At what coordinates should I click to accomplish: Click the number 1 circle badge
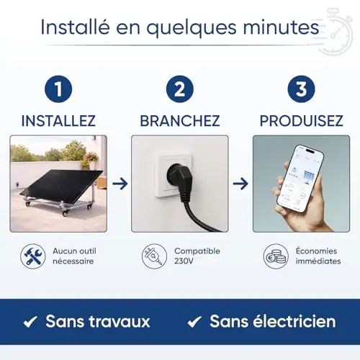tap(58, 89)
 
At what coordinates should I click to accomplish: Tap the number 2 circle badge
tap(180, 89)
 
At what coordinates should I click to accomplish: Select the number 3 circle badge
tap(301, 89)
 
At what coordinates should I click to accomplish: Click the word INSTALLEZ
tap(58, 121)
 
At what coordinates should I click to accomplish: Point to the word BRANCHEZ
tap(180, 121)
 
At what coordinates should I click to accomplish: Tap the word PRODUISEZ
tap(301, 121)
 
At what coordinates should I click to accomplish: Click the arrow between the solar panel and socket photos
tap(120, 184)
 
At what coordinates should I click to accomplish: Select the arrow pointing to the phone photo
tap(240, 184)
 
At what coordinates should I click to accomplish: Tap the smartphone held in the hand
tap(300, 179)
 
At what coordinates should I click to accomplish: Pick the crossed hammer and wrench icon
tap(33, 256)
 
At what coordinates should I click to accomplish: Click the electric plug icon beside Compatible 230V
tap(154, 256)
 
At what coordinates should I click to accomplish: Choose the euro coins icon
tap(276, 256)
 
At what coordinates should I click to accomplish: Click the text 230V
tap(184, 261)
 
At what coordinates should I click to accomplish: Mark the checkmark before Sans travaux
tap(30, 322)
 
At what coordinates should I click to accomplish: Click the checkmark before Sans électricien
tap(194, 322)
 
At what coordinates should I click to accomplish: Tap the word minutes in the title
tap(281, 27)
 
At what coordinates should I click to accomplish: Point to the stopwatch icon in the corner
tap(336, 31)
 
